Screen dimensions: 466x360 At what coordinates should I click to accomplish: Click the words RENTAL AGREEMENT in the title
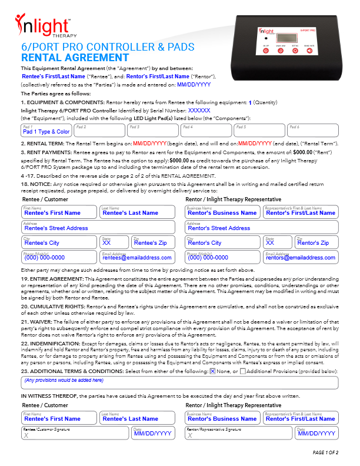click(75, 57)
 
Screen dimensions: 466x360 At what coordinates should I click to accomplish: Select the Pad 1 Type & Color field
click(46, 130)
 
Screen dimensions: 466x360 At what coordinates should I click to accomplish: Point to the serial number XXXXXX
click(199, 110)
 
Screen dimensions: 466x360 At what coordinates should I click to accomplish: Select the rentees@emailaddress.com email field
click(137, 257)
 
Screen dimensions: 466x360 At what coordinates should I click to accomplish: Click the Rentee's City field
click(59, 242)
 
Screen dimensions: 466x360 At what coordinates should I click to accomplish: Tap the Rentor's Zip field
click(316, 242)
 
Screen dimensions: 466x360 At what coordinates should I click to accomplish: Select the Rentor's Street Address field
click(261, 227)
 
